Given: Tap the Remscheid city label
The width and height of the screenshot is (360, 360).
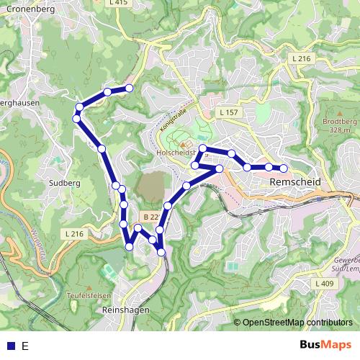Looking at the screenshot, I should tap(294, 184).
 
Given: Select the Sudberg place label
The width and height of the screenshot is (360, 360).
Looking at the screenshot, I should tap(64, 183).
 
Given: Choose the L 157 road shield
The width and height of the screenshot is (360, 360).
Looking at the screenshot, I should tap(228, 113).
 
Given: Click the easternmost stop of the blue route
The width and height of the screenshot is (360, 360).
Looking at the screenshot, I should tap(284, 168).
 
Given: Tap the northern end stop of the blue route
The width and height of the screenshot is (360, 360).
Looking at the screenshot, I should tap(130, 88).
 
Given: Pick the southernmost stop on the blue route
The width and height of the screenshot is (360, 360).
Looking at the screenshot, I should tap(161, 252).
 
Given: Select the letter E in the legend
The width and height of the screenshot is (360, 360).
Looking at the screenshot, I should tap(25, 346).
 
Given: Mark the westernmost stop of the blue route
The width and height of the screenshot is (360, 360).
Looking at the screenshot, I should tap(76, 118).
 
